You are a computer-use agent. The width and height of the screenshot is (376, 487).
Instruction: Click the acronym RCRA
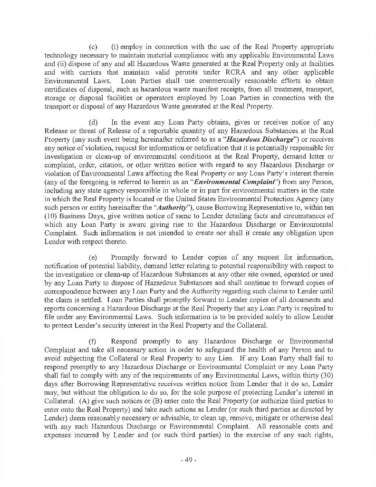pos(264,72)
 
